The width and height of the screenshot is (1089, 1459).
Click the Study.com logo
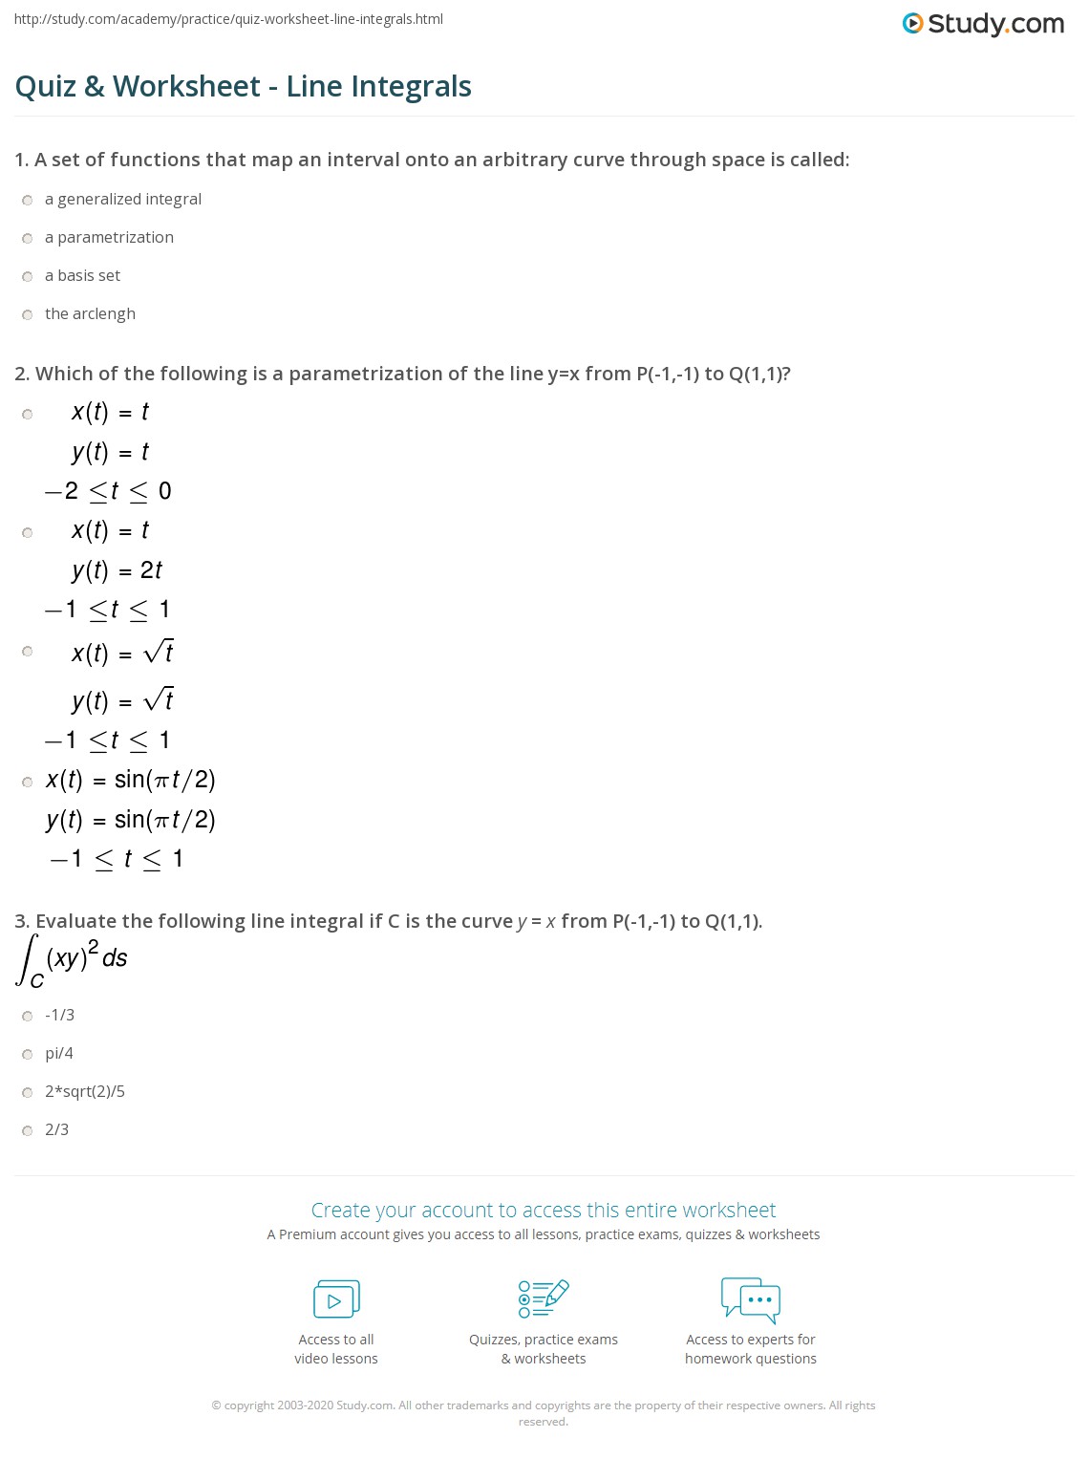(x=983, y=24)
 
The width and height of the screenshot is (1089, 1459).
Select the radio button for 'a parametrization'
(x=28, y=238)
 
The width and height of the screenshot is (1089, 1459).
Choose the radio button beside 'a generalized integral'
(x=28, y=200)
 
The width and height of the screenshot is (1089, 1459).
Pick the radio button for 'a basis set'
(x=28, y=276)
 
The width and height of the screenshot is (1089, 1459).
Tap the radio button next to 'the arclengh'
(x=28, y=314)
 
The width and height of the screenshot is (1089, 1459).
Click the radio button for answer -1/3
(x=28, y=1016)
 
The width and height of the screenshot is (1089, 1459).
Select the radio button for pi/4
(x=28, y=1054)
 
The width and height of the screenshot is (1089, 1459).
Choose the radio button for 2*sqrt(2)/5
(x=28, y=1092)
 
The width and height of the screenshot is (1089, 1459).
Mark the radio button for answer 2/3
(x=28, y=1130)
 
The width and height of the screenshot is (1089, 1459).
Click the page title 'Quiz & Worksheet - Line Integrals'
(x=244, y=86)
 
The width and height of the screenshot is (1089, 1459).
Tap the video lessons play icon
(x=336, y=1299)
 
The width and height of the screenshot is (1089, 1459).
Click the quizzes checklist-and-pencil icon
(x=544, y=1299)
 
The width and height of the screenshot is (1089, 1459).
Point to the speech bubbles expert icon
(x=751, y=1299)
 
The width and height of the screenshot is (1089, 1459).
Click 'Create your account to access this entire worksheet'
(x=544, y=1210)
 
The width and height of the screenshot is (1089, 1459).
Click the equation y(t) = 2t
(x=117, y=570)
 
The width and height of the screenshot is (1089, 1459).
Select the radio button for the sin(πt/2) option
(x=28, y=782)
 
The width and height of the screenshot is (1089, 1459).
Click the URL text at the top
(x=228, y=19)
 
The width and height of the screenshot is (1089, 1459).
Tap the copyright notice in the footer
(x=544, y=1413)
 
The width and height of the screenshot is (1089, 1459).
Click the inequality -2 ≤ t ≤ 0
(x=108, y=491)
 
